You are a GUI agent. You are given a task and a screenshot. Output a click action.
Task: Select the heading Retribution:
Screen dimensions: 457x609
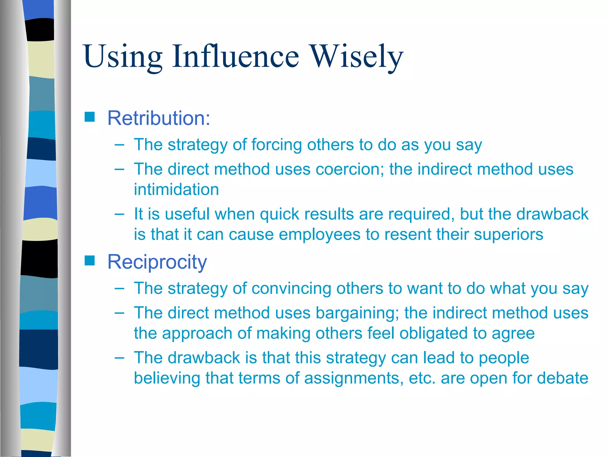[159, 118]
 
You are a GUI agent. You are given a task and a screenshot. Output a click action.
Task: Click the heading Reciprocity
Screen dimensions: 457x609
[157, 262]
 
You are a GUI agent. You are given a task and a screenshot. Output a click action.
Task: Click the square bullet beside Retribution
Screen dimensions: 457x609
[90, 117]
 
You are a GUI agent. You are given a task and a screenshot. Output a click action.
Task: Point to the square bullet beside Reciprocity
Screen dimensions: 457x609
[90, 261]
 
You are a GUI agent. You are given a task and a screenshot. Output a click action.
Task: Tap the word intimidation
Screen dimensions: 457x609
[176, 190]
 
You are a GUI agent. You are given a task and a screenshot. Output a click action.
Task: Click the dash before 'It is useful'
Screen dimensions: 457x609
[119, 214]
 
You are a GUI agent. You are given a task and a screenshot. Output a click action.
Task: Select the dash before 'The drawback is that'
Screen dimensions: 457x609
[119, 357]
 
